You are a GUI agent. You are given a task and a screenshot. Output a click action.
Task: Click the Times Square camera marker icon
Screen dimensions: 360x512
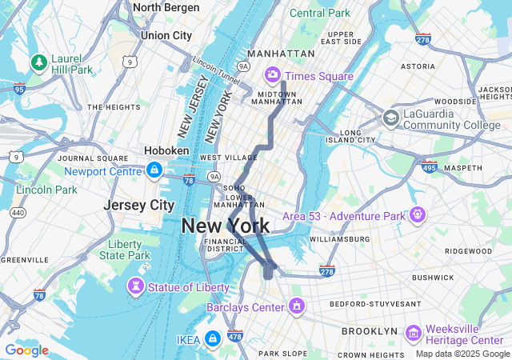[272, 75]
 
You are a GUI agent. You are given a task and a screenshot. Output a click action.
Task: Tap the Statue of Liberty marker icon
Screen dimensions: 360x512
[136, 286]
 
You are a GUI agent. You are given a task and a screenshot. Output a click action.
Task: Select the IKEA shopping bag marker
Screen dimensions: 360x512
[212, 339]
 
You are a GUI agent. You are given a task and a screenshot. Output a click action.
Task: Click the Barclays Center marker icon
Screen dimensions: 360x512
[297, 306]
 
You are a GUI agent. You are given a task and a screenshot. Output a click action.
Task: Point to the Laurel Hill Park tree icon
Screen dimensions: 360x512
[38, 62]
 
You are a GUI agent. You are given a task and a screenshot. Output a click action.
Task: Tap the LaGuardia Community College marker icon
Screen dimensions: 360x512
[390, 118]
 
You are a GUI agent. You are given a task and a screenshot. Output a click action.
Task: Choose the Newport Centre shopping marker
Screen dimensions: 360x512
[154, 170]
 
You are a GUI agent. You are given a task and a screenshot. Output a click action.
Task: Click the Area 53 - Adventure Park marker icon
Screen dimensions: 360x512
[416, 216]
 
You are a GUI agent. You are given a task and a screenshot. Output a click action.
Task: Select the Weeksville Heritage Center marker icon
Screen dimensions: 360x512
[414, 332]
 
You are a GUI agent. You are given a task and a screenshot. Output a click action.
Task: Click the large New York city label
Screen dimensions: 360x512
[226, 226]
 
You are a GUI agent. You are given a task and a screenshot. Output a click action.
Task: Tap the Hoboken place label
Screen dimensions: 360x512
[166, 150]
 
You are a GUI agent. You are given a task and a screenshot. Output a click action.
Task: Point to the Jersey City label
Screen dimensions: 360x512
[139, 205]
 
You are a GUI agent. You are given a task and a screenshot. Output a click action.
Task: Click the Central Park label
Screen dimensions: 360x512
[320, 13]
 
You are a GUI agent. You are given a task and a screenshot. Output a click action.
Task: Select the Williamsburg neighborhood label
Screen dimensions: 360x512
[339, 238]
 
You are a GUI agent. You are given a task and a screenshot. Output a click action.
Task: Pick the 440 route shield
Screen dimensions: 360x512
[18, 213]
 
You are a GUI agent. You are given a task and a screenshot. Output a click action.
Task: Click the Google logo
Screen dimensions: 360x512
[26, 350]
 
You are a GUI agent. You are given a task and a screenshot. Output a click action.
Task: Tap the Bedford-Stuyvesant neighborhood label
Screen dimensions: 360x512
[381, 304]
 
